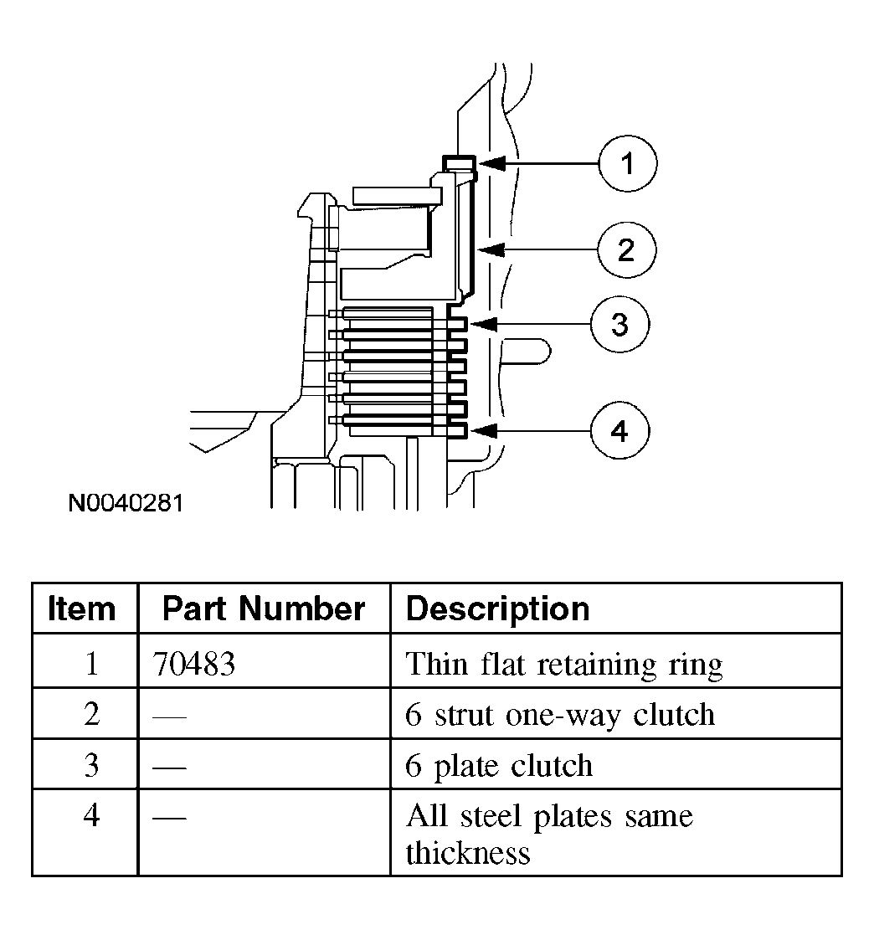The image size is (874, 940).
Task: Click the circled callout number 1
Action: (x=627, y=163)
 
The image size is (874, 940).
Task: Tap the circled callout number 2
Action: (x=626, y=249)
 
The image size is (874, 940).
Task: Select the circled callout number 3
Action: (x=620, y=324)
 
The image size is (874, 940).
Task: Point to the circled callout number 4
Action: (x=620, y=430)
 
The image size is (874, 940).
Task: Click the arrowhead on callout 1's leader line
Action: (x=491, y=163)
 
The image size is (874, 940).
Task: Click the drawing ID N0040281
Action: (x=126, y=502)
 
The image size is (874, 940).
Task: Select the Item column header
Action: (x=81, y=609)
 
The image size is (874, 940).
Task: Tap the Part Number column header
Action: (x=264, y=609)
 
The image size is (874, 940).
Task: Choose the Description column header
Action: (x=497, y=609)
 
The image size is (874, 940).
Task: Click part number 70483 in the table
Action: (x=193, y=664)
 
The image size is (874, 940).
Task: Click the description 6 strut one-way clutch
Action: (x=560, y=715)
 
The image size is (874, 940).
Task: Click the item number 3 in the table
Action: (x=91, y=765)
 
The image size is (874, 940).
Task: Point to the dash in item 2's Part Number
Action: (x=169, y=716)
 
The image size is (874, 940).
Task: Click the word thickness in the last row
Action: (x=468, y=852)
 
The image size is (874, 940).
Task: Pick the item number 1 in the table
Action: (x=92, y=664)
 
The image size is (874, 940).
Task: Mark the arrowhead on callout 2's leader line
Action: (x=491, y=249)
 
